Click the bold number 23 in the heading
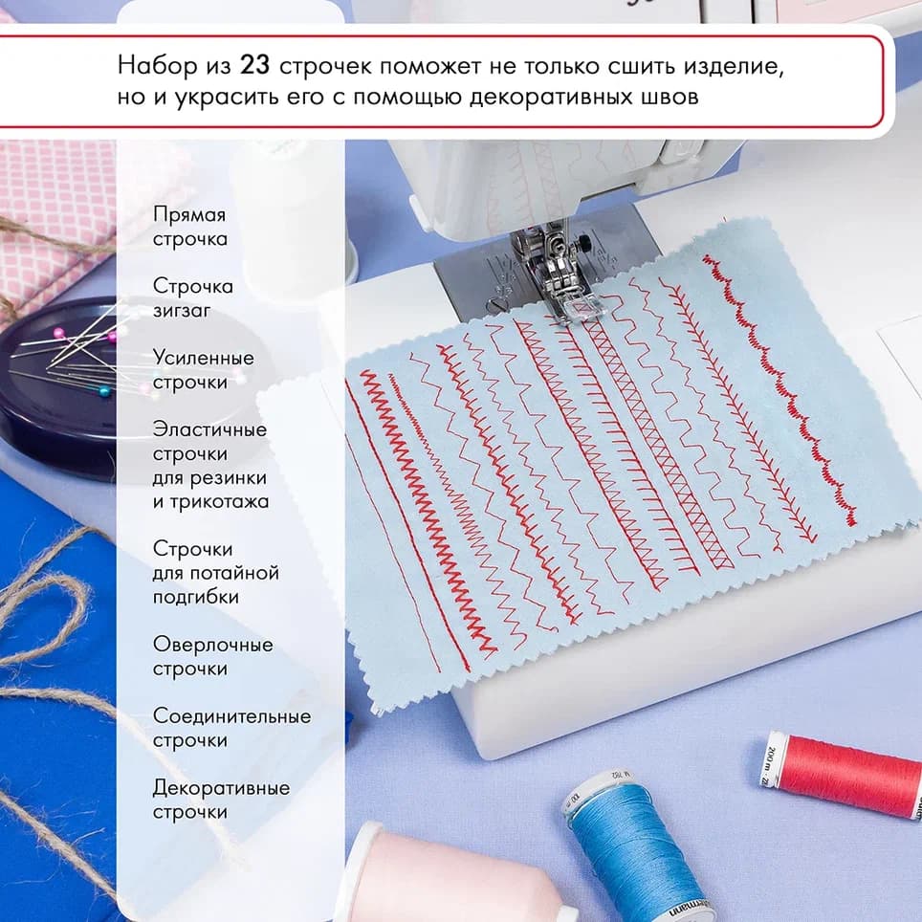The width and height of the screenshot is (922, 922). pyautogui.click(x=254, y=65)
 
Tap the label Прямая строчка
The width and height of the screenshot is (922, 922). pyautogui.click(x=190, y=227)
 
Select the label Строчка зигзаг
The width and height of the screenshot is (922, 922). pyautogui.click(x=193, y=298)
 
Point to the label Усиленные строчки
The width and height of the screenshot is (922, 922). pyautogui.click(x=204, y=370)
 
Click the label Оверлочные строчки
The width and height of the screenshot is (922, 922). pyautogui.click(x=213, y=656)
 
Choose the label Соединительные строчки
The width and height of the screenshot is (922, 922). pyautogui.click(x=231, y=728)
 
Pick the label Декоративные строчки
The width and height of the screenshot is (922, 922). pyautogui.click(x=221, y=800)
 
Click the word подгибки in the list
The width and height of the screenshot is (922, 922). pyautogui.click(x=196, y=597)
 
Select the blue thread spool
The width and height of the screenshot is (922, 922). pyautogui.click(x=635, y=846)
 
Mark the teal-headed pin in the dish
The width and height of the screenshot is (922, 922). pyautogui.click(x=103, y=390)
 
